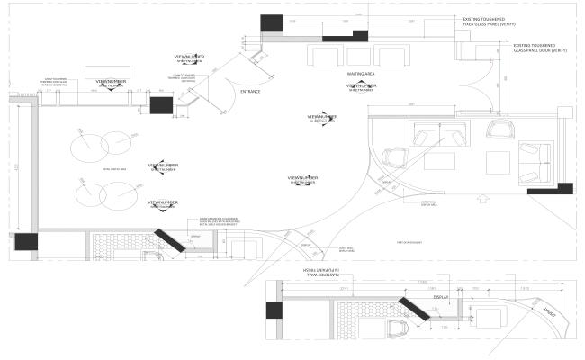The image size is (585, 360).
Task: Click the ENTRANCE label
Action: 249,91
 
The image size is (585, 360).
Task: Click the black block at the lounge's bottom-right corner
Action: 563,188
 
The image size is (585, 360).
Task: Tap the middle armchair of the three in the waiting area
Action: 359,56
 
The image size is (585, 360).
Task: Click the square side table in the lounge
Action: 498,162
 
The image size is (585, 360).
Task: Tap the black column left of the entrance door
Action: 159,105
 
